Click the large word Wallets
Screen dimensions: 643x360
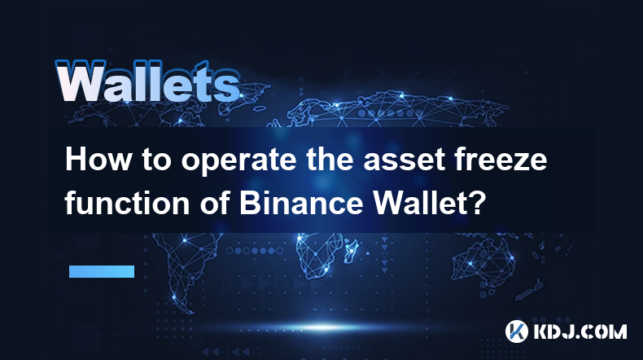tap(147, 81)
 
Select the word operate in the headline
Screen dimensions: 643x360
tap(238, 161)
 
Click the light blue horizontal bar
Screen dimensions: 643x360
tap(102, 271)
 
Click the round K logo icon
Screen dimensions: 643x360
tap(517, 331)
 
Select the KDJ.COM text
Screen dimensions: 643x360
tap(580, 331)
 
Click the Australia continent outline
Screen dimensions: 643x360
tap(485, 260)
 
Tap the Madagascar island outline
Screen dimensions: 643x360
tap(351, 250)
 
